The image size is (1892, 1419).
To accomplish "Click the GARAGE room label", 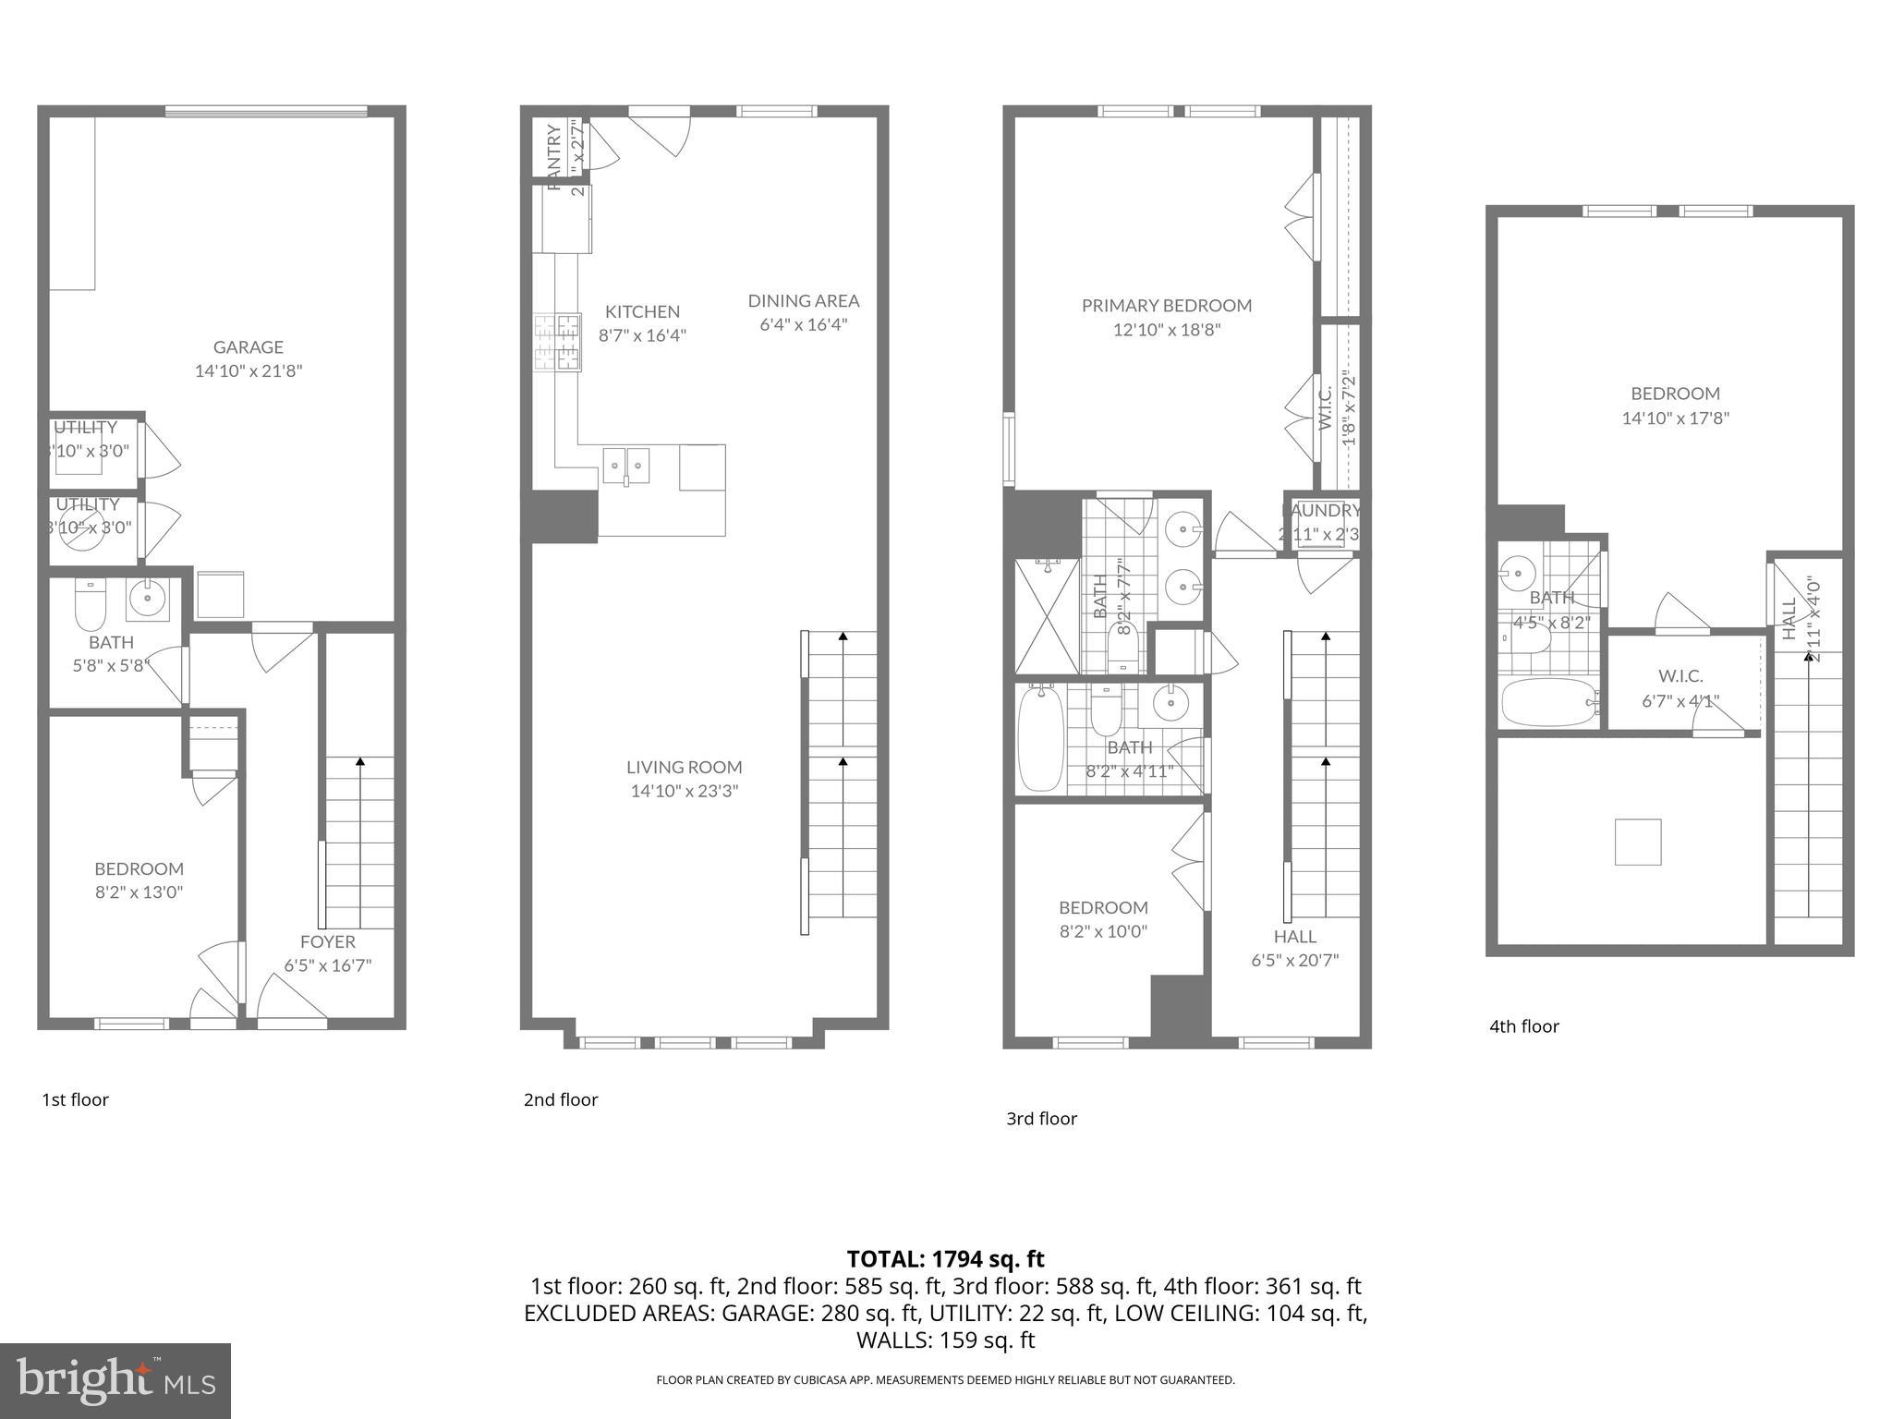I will pyautogui.click(x=248, y=347).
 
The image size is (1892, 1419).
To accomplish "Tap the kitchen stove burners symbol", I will pyautogui.click(x=557, y=343).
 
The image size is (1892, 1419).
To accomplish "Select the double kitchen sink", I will pyautogui.click(x=625, y=465).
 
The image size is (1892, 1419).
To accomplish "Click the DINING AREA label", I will pyautogui.click(x=803, y=301).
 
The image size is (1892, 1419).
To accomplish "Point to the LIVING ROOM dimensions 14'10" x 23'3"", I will pyautogui.click(x=684, y=791).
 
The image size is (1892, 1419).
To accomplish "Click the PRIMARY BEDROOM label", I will pyautogui.click(x=1166, y=306).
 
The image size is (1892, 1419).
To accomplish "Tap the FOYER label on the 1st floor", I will pyautogui.click(x=327, y=942).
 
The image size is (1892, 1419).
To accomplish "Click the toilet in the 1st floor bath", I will pyautogui.click(x=90, y=604).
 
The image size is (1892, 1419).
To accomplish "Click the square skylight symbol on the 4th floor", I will pyautogui.click(x=1637, y=842).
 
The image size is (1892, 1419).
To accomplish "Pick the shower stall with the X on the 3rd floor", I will pyautogui.click(x=1047, y=616).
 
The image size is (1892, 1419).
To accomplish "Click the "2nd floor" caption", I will pyautogui.click(x=560, y=1099).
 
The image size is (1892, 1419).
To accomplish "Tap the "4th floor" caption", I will pyautogui.click(x=1523, y=1026).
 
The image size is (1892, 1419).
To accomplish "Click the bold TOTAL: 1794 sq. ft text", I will pyautogui.click(x=945, y=1259).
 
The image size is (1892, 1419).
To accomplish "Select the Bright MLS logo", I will pyautogui.click(x=115, y=1380).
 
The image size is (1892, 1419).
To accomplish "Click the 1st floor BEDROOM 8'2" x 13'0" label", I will pyautogui.click(x=139, y=880).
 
